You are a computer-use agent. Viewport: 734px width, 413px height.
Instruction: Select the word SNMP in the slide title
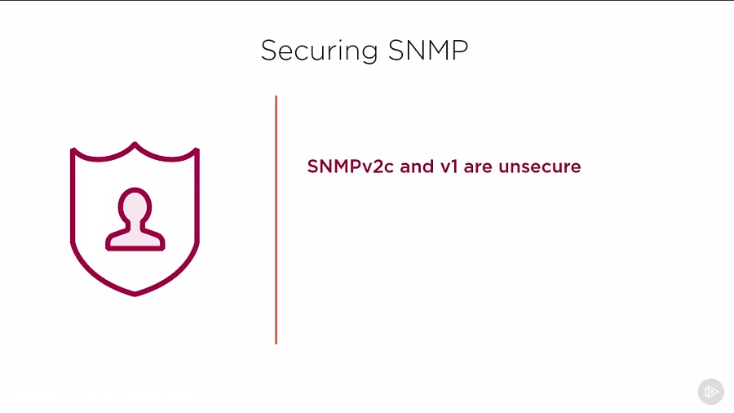428,51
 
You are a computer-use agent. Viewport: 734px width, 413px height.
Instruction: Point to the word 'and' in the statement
416,167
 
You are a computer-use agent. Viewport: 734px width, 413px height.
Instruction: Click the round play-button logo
711,392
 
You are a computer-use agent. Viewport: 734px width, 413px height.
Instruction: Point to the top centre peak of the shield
135,144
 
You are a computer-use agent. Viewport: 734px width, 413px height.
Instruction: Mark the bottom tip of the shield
135,293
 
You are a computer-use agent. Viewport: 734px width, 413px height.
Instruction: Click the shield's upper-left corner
73,150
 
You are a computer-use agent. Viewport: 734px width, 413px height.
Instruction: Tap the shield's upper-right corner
197,150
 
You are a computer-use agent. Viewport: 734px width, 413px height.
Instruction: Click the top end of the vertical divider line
276,97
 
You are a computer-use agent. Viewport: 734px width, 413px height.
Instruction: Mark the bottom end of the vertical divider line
276,342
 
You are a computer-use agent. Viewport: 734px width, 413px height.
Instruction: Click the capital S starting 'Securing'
269,51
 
